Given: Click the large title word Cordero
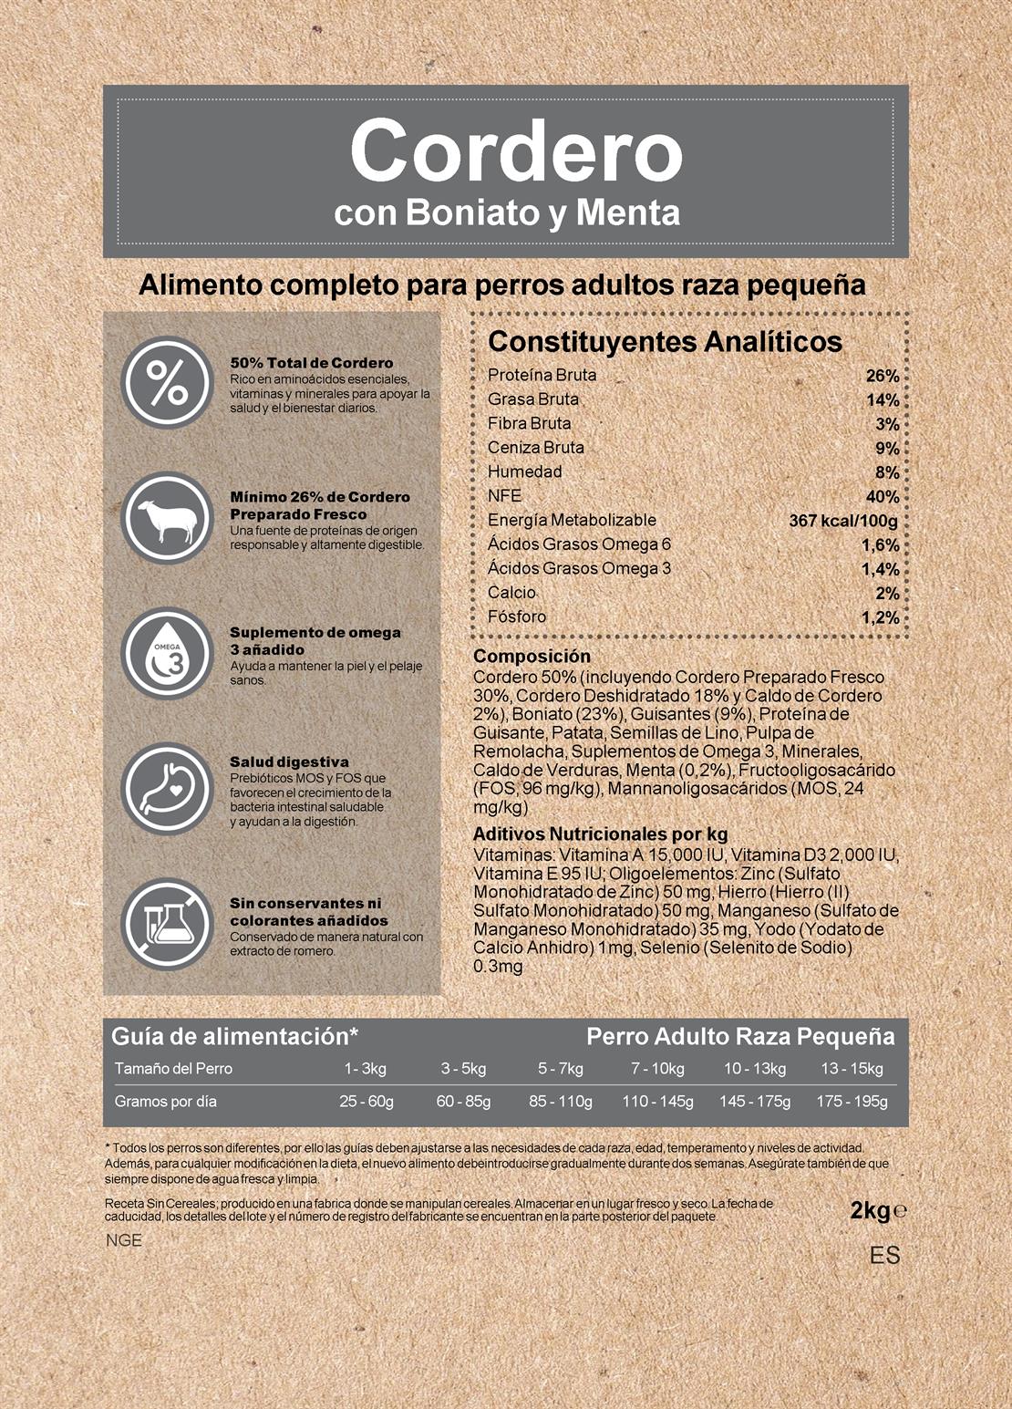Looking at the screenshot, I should [516, 152].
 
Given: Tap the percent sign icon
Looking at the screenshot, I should [168, 383].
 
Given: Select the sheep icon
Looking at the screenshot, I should [168, 518].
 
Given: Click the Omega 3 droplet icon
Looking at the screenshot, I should [168, 654].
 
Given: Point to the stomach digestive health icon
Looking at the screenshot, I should [168, 788].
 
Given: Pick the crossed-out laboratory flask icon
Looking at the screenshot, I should [168, 923].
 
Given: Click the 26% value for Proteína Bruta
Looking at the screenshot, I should [882, 376].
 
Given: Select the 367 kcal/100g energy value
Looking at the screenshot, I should [842, 521].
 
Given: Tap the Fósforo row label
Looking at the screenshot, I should [517, 616].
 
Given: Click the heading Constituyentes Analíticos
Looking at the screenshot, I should [665, 342].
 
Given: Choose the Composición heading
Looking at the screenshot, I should [532, 656].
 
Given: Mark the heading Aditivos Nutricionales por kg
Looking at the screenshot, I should [600, 834].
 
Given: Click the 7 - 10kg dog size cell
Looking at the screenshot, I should [657, 1068].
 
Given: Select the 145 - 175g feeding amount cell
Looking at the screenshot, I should [755, 1101].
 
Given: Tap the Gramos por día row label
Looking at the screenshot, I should [166, 1101].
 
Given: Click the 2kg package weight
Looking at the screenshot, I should [870, 1210].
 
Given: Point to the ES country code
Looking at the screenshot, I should [884, 1256].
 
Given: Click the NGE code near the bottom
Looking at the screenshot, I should [124, 1240].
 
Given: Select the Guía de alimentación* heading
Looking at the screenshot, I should [234, 1036].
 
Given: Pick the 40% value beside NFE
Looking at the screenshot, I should [882, 497].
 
